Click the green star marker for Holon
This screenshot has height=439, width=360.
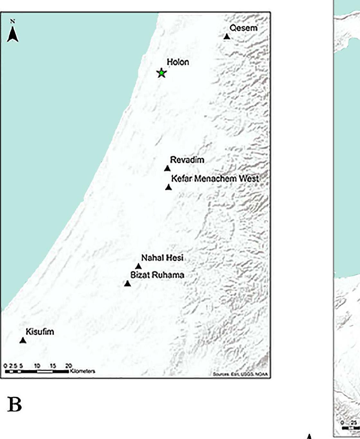(x=161, y=73)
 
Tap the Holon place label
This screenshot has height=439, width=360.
(x=178, y=62)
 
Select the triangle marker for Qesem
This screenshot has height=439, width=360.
(x=227, y=37)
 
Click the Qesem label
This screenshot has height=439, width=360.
(x=243, y=28)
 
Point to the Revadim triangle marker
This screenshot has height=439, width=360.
(x=167, y=168)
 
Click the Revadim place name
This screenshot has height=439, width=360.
(x=187, y=160)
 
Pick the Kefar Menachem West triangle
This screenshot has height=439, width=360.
(x=169, y=187)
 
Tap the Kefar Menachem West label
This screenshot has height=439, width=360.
(x=215, y=179)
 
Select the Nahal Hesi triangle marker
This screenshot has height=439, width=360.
(x=138, y=266)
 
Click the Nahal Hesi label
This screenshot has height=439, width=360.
(x=162, y=258)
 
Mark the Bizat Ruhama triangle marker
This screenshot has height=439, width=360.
(x=127, y=284)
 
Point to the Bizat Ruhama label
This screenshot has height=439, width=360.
(x=157, y=275)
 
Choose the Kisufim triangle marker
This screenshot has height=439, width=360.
(x=23, y=340)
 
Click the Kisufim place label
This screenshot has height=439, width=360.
(x=40, y=331)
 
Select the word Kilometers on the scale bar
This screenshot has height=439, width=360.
(x=82, y=371)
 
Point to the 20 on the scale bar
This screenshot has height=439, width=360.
(x=69, y=366)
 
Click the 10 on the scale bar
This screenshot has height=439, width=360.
(x=37, y=366)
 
